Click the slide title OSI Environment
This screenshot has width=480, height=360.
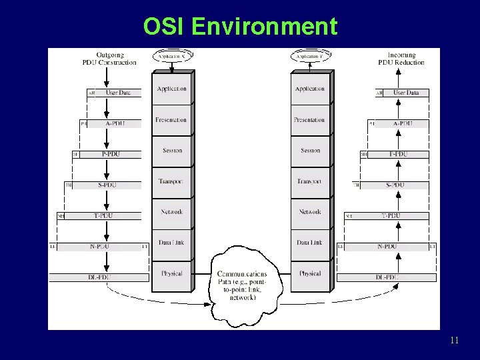point(240,27)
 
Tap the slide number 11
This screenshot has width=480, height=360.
point(454,341)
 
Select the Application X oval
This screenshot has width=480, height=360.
point(173,57)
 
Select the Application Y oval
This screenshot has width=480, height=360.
point(311,57)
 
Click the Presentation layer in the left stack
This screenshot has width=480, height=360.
point(171,120)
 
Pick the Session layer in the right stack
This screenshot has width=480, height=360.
point(310,151)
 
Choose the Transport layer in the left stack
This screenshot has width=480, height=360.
point(171,181)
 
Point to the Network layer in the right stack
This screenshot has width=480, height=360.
point(310,212)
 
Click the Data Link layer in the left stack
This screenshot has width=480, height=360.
point(171,243)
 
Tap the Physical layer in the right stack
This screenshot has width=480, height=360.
point(310,273)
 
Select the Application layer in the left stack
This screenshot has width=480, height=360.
point(171,89)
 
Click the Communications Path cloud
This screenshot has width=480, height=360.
point(241,283)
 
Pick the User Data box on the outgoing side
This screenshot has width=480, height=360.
point(118,93)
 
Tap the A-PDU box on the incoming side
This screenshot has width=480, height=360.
point(403,123)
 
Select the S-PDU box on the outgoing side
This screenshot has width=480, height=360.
point(107,185)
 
